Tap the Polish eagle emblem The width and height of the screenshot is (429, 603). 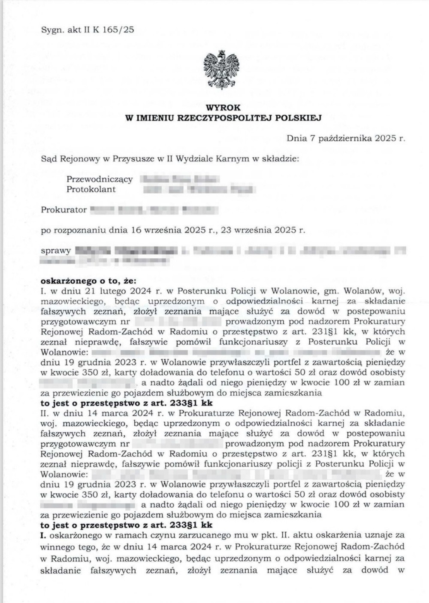tap(221, 69)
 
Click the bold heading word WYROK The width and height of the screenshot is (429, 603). tap(223, 107)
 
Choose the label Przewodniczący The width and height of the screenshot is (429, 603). tap(100, 179)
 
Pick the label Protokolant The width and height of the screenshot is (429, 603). tap(91, 189)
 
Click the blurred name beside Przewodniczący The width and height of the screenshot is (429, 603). tap(180, 179)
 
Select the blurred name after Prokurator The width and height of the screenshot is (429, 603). tap(154, 210)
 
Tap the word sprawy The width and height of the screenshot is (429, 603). tap(55, 251)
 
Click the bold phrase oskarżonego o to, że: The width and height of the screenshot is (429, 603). tap(88, 281)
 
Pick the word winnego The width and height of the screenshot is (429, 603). tap(57, 547)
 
